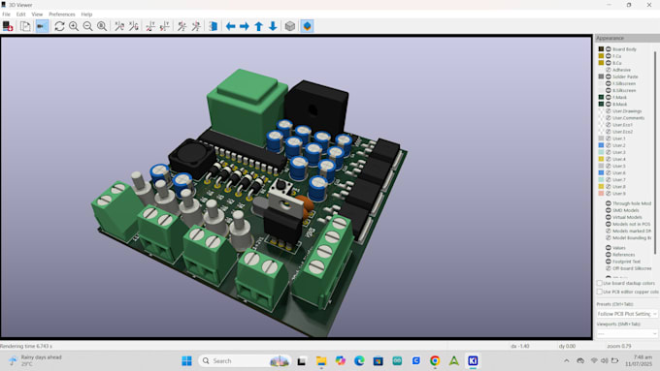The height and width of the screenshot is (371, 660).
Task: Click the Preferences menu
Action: click(x=62, y=15)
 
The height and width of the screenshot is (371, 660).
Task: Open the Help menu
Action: click(x=87, y=15)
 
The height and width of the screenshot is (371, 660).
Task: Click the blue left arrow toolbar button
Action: click(x=230, y=26)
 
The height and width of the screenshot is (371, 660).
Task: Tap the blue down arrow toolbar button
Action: click(x=273, y=26)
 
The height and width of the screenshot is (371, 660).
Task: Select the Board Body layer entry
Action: click(x=624, y=48)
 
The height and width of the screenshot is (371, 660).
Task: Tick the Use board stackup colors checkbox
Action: click(x=599, y=283)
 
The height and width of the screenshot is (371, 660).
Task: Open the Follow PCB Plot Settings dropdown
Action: click(x=626, y=314)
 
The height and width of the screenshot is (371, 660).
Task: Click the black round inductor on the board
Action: click(x=188, y=156)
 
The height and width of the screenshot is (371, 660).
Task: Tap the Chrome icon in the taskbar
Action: click(x=434, y=360)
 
